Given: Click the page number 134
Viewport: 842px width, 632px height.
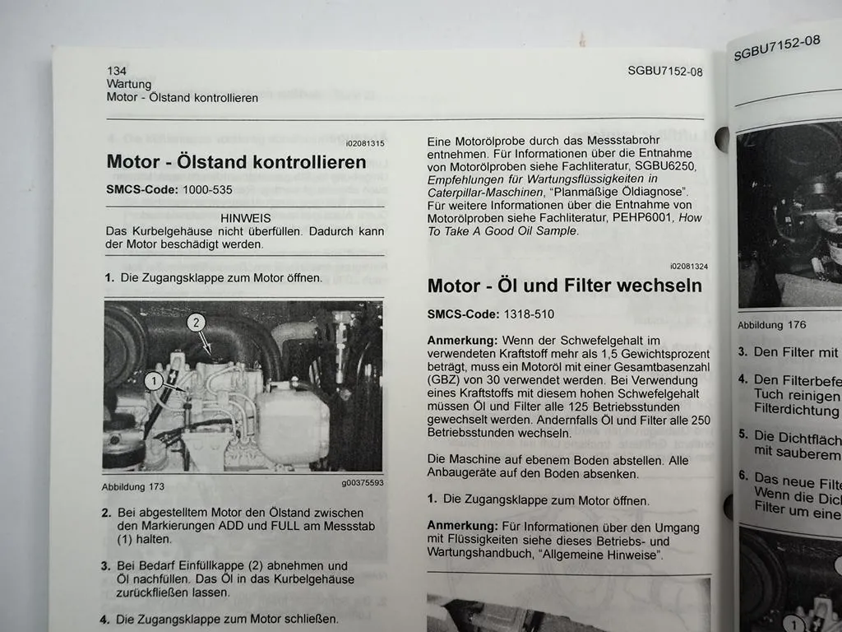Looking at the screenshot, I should click(116, 71).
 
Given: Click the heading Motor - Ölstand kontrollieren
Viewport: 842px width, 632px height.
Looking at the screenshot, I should click(236, 162).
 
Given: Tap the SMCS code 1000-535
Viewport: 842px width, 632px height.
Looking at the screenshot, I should click(205, 190).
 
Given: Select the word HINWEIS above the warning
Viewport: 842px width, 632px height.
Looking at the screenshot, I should click(246, 219).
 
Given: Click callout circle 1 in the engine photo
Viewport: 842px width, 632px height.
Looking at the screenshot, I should click(152, 380).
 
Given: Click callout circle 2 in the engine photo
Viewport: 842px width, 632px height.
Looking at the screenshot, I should click(195, 323).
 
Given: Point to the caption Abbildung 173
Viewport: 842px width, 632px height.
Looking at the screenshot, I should click(132, 486).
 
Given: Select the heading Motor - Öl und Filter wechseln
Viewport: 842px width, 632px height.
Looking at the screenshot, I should click(564, 286).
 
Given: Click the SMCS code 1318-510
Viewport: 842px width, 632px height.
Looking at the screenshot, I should click(526, 314).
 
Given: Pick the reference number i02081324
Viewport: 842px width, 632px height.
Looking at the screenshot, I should click(688, 266).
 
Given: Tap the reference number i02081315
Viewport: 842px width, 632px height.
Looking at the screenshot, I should click(364, 143).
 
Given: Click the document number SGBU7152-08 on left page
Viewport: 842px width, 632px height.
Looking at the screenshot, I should click(664, 72).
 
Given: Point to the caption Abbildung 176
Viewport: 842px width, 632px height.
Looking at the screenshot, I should click(771, 325).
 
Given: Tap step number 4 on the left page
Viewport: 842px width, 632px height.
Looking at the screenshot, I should click(105, 619).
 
